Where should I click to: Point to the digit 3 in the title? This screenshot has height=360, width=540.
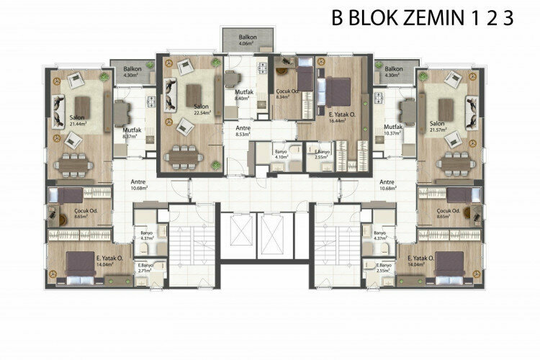click(x=508, y=18)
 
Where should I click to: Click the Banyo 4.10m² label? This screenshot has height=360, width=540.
click(x=282, y=154)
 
